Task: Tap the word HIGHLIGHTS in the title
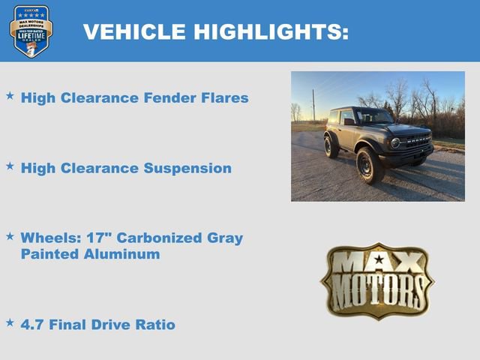coord(271,31)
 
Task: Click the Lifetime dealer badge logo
coord(31,31)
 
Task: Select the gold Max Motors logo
coord(377,280)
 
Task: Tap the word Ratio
coord(154,325)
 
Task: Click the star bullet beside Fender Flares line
coord(10,97)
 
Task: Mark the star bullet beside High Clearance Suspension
coord(10,166)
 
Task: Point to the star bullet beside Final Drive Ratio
coord(10,323)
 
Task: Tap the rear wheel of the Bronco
coord(331,145)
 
